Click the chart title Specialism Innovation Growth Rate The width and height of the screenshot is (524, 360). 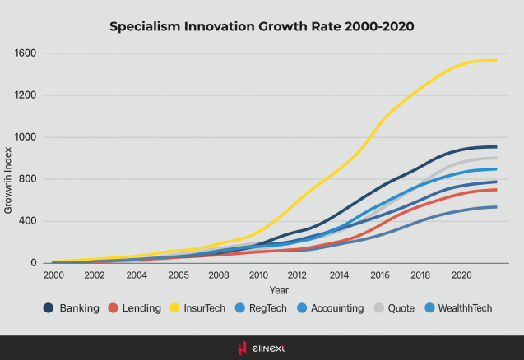(262, 26)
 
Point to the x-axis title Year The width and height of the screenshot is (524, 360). (279, 289)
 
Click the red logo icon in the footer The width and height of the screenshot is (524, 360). (242, 348)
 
